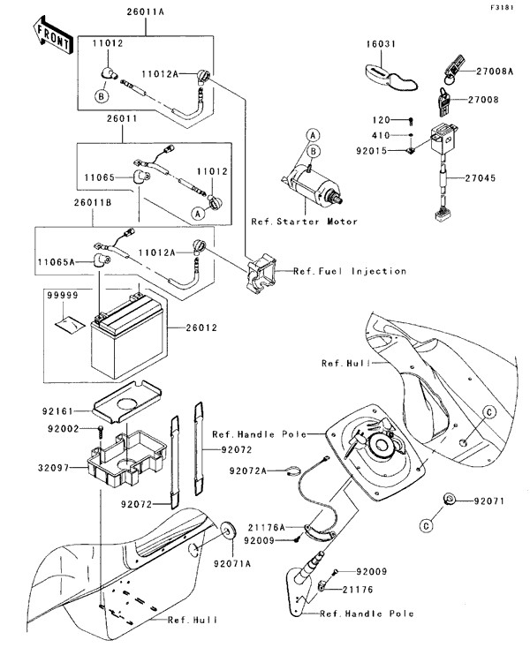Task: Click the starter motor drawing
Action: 318,183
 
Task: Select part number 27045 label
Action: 484,177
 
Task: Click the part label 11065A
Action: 59,261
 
